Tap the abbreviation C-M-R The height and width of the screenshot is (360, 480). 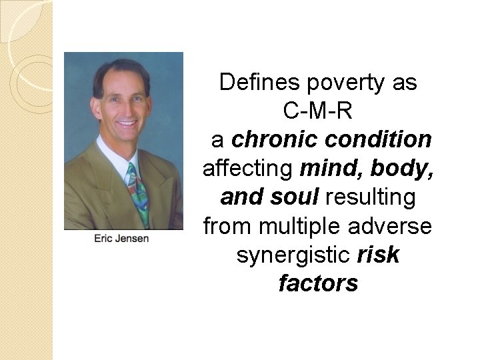317,111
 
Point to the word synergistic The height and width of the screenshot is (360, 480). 295,255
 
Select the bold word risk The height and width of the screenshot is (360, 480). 378,255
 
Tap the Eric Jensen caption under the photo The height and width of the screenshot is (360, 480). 122,239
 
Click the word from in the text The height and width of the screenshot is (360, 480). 223,227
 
